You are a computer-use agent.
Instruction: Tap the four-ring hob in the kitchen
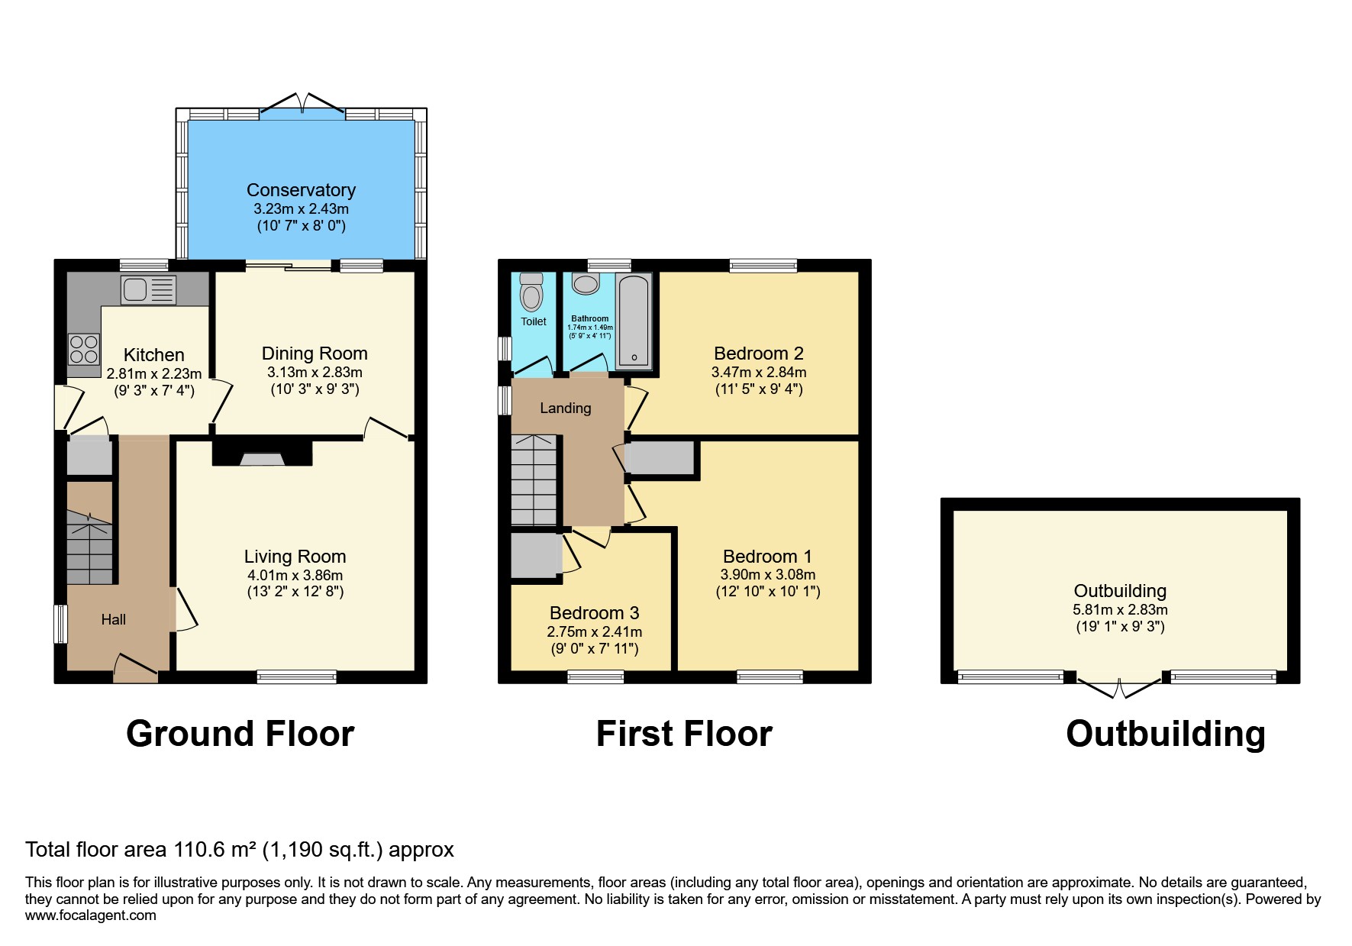[84, 350]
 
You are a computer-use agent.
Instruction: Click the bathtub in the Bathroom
[634, 321]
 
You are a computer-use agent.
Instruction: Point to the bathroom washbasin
[586, 284]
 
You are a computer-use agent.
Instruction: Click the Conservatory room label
[301, 190]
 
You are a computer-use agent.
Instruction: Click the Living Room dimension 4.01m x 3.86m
[295, 575]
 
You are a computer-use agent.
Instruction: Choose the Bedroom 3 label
[594, 613]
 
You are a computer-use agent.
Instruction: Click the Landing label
[565, 408]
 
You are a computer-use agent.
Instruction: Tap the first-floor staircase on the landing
[534, 480]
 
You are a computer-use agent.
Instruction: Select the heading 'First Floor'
[684, 734]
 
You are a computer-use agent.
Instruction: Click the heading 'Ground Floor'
[240, 734]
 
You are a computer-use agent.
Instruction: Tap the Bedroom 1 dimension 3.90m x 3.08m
[767, 575]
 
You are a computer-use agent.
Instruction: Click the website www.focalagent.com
[90, 915]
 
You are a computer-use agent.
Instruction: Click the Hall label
[113, 620]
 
